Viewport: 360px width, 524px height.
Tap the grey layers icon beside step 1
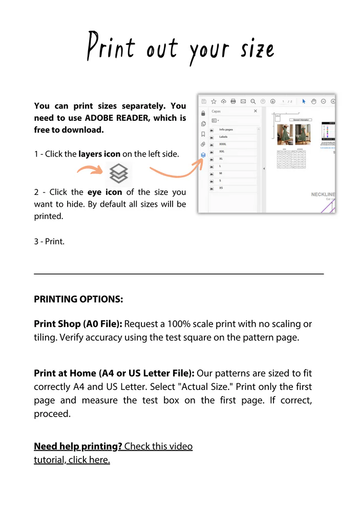[119, 174]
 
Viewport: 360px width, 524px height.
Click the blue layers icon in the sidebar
[203, 155]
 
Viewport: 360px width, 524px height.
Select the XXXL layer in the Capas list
[223, 144]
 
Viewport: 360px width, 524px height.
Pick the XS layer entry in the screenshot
[221, 188]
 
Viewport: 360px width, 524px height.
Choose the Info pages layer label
[226, 129]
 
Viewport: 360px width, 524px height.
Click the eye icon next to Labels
[212, 137]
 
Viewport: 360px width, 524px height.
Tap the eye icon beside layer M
[212, 173]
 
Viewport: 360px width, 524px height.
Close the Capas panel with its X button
[256, 111]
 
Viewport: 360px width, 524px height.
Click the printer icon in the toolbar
[234, 101]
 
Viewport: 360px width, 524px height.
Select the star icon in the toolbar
[214, 101]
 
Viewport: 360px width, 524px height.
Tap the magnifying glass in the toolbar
[253, 101]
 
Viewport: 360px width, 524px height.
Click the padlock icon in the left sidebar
[203, 113]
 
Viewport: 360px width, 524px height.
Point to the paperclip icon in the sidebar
[203, 144]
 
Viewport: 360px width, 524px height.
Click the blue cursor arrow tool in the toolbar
[304, 101]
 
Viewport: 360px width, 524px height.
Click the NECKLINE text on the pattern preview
[323, 194]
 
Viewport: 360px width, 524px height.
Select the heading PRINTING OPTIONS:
[78, 299]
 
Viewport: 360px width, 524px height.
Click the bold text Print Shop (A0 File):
[78, 324]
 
